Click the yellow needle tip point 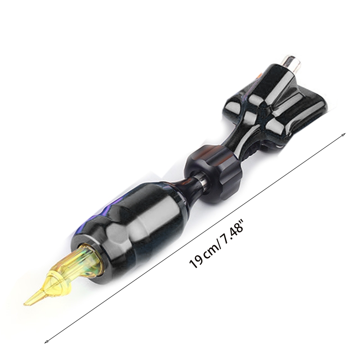(x=24, y=305)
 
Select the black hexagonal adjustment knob (x=212, y=175)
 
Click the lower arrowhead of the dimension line (x=46, y=342)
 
